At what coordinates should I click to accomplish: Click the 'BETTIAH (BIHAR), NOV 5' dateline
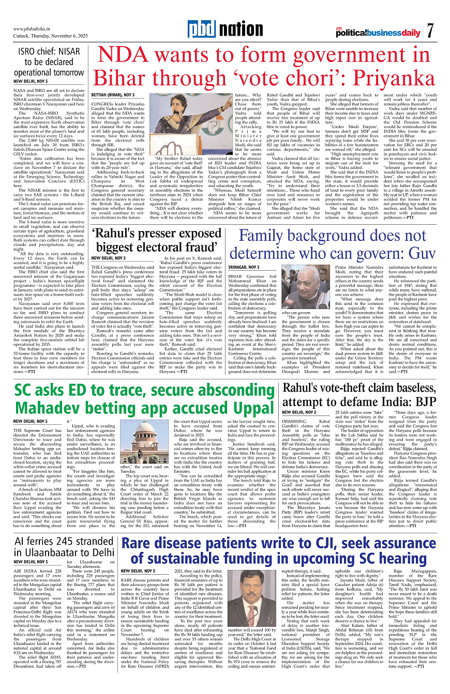click(x=113, y=96)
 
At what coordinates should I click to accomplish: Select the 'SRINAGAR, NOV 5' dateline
click(x=244, y=267)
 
